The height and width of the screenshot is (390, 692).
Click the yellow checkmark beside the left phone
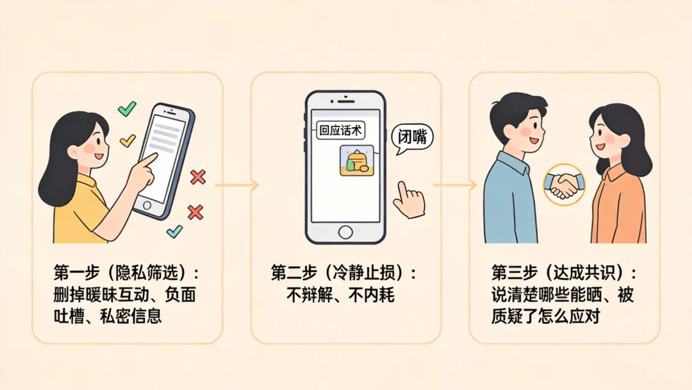[x=128, y=140]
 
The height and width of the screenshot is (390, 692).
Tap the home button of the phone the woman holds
[x=147, y=206]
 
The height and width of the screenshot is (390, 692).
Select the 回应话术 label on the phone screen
[x=340, y=131]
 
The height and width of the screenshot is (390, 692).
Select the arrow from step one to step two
[x=236, y=185]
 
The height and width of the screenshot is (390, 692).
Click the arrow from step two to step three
[x=455, y=185]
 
